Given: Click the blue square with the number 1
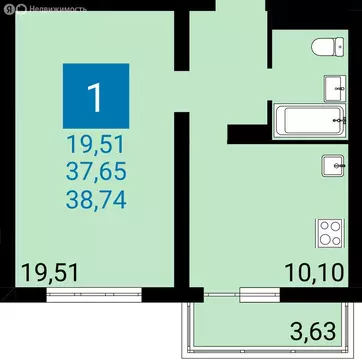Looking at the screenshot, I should point(96,96).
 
